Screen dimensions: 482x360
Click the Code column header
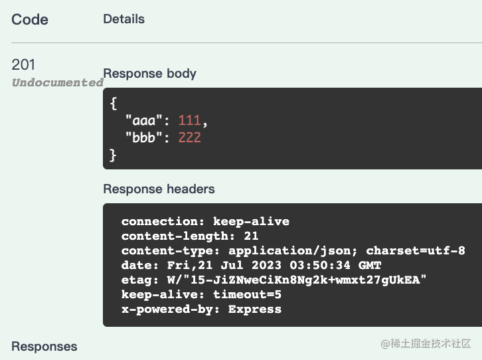point(30,20)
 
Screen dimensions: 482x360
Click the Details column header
point(123,19)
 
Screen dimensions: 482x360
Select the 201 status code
point(23,64)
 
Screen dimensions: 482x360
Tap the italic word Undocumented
point(58,82)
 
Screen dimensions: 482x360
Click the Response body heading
point(149,74)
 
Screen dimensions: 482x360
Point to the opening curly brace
point(114,104)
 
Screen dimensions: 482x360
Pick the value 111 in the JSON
point(189,120)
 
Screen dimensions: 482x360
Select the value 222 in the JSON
point(189,137)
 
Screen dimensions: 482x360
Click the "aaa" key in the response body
point(143,120)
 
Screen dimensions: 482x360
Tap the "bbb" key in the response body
point(143,137)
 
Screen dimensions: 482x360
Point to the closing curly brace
point(113,155)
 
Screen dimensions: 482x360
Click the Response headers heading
point(159,189)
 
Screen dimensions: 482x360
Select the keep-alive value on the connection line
point(251,221)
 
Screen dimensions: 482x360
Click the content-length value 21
point(251,236)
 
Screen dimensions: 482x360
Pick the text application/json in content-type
point(289,251)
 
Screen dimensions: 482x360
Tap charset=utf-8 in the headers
point(416,250)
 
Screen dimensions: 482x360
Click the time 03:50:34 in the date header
point(320,265)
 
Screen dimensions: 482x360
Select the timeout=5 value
point(247,294)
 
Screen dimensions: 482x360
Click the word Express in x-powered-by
point(255,310)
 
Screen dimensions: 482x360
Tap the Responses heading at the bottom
point(44,347)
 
